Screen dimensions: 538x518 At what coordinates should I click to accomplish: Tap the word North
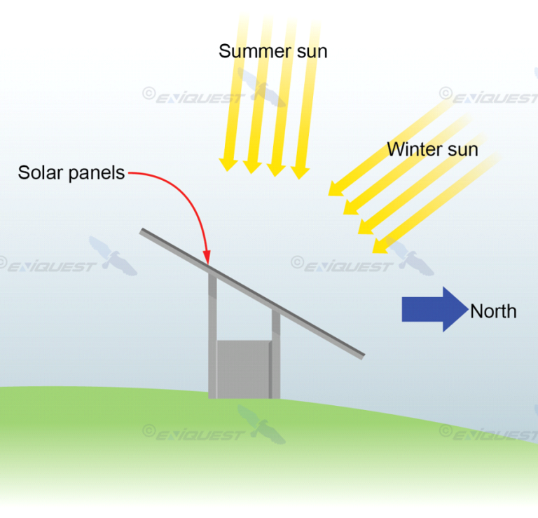coord(493,311)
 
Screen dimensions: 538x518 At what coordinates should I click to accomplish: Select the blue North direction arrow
coord(435,309)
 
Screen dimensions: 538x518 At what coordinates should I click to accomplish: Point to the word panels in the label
coord(97,173)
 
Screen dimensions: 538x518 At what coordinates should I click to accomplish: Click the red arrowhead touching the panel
coord(207,258)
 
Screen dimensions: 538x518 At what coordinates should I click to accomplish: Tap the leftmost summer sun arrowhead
coord(228,165)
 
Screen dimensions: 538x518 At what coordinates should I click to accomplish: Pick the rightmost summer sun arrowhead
coord(300,172)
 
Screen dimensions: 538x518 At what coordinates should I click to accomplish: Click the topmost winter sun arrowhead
coord(336,189)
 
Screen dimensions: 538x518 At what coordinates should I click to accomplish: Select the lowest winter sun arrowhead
coord(380,246)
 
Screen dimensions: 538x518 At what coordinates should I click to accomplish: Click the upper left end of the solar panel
coord(142,231)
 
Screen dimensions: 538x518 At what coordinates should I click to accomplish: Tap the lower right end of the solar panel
coord(362,356)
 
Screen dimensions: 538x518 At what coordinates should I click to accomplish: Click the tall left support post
coord(212,334)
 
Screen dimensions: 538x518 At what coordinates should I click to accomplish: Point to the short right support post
coord(276,353)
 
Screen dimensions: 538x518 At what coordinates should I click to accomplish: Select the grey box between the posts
coord(244,369)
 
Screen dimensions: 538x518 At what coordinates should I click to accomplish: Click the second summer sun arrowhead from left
coord(252,167)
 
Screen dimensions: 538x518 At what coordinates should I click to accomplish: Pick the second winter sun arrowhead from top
coord(350,207)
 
